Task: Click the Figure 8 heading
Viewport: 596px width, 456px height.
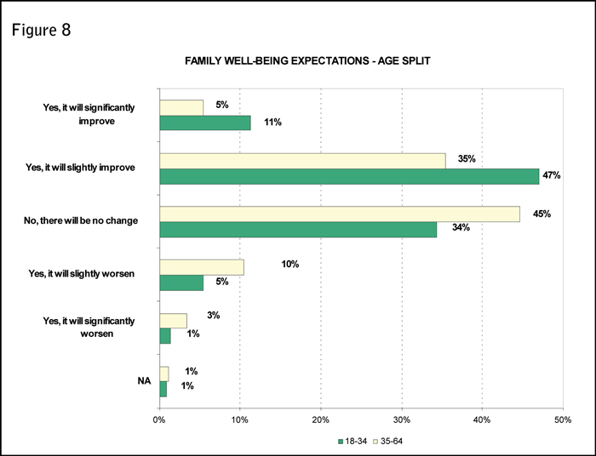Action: tap(42, 31)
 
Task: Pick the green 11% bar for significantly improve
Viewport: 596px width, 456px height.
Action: tap(204, 123)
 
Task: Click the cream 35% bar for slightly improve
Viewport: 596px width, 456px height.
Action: tap(302, 160)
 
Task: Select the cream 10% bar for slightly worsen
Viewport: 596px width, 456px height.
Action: tap(202, 267)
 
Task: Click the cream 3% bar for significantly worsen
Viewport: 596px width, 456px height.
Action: tap(173, 321)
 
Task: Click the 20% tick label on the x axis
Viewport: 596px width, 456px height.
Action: tap(321, 419)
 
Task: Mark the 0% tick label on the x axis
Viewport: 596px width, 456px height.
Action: tap(159, 419)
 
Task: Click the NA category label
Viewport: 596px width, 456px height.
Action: tap(144, 381)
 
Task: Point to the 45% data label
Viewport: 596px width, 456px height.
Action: tap(541, 214)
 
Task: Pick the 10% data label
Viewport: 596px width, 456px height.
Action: tap(290, 265)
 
